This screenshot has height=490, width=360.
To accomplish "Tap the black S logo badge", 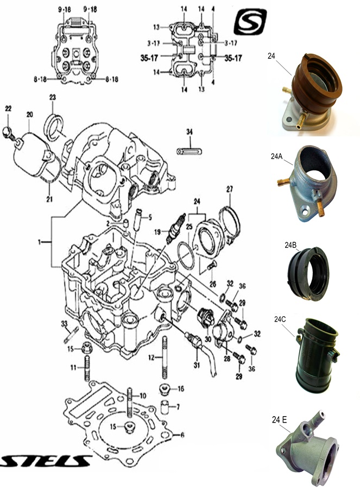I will point(250,22).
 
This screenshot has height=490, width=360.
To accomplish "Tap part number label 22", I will point(8,109).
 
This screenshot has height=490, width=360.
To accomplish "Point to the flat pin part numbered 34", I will point(186,149).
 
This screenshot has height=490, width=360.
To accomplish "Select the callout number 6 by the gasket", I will point(182,435).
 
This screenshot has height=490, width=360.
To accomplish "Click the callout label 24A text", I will point(277,156).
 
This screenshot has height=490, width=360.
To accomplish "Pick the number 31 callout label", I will point(197,365).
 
